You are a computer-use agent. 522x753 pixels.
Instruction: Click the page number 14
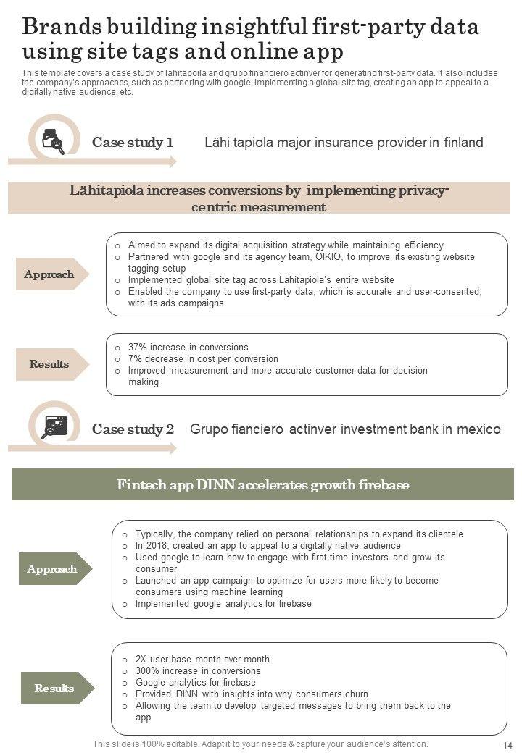[x=507, y=745]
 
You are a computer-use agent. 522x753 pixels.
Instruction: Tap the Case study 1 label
[x=133, y=143]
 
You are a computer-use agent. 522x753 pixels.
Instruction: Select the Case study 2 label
[x=133, y=429]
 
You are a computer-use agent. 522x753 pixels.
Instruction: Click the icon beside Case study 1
[x=53, y=140]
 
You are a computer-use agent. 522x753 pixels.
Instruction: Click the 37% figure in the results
[x=138, y=348]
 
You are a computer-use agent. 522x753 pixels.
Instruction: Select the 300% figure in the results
[x=148, y=671]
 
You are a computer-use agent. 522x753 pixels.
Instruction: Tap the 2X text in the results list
[x=142, y=660]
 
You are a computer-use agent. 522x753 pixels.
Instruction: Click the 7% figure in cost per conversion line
[x=136, y=359]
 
